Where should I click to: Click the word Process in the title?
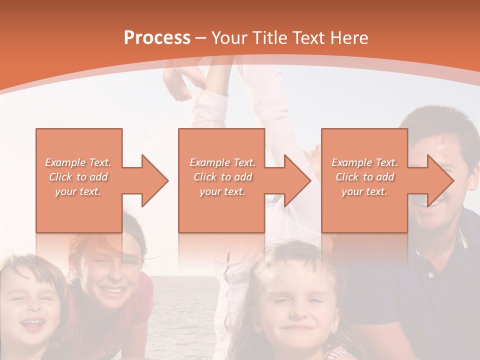(157, 38)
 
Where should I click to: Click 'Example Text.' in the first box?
(78, 162)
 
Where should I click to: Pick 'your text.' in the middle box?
(222, 191)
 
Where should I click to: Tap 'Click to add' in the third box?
(364, 177)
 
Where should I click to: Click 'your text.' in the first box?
(78, 191)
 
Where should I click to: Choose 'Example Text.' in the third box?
(364, 162)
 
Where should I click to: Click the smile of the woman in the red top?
(113, 290)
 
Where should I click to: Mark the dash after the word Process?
(201, 38)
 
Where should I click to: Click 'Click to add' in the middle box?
(222, 177)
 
